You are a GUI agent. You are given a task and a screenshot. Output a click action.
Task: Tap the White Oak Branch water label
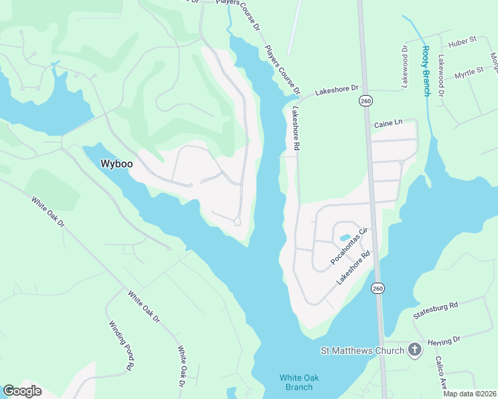[299, 382]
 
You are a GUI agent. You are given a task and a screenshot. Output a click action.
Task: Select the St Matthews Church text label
[362, 350]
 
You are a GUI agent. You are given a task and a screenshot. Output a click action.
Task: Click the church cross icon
[415, 350]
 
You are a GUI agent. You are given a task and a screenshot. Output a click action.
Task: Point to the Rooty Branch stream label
[426, 70]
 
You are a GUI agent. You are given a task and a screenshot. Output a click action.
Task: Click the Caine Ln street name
[389, 124]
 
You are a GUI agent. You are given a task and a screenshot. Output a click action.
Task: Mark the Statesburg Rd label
[435, 310]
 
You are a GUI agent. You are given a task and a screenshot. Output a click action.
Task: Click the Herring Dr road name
[445, 340]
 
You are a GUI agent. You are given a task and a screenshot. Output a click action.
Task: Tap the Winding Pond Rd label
[122, 346]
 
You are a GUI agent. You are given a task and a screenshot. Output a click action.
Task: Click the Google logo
[21, 390]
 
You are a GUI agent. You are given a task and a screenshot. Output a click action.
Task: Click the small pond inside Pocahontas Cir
[344, 237]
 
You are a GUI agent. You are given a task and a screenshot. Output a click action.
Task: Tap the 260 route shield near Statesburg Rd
[377, 288]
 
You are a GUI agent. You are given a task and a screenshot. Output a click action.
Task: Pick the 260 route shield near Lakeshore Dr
[365, 100]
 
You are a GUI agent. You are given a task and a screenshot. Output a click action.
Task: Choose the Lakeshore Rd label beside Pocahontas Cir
[353, 269]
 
